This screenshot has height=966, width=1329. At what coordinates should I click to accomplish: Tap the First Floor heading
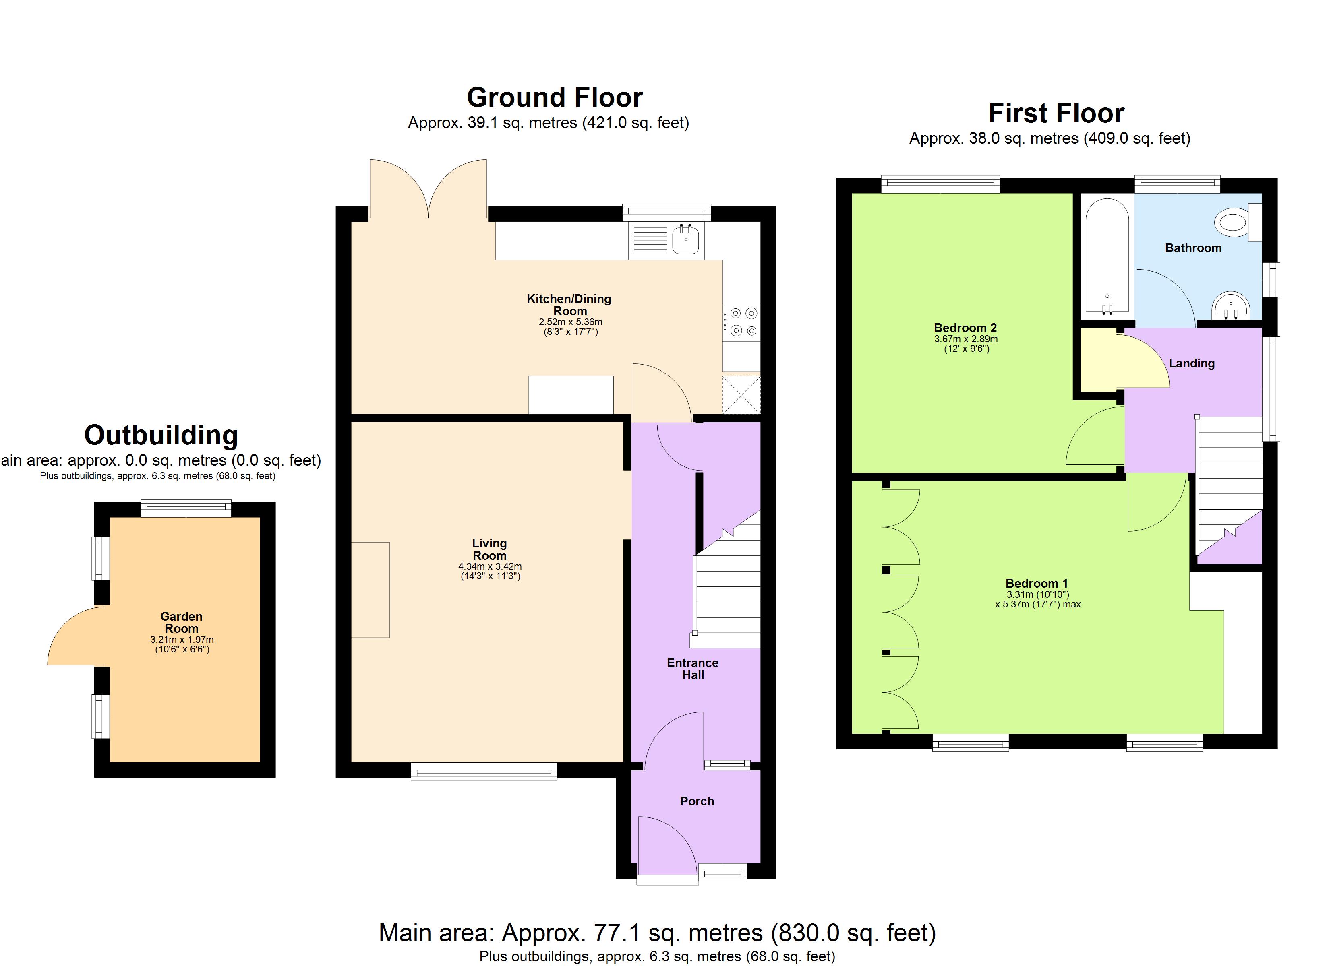[x=1056, y=113]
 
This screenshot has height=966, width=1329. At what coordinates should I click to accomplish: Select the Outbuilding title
[x=161, y=435]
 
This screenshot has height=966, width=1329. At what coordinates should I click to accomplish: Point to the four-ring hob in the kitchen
[x=742, y=322]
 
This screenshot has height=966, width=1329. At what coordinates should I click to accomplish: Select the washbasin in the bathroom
[x=1231, y=306]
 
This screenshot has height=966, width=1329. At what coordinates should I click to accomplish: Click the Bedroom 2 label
[x=965, y=328]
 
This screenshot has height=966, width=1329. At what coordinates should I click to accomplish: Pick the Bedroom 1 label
[x=1037, y=584]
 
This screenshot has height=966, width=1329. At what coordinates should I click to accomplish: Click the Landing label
[x=1191, y=363]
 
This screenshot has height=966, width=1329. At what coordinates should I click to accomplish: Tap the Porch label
[x=697, y=801]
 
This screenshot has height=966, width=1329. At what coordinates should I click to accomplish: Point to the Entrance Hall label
[x=693, y=669]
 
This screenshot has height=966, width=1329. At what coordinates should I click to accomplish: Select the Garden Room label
[x=181, y=622]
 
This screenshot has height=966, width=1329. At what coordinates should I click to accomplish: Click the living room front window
[x=484, y=771]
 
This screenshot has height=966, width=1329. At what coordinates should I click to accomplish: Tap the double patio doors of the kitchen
[x=429, y=189]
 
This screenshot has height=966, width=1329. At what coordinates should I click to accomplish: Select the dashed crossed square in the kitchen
[x=741, y=395]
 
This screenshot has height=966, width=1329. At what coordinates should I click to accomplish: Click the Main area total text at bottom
[x=657, y=933]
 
